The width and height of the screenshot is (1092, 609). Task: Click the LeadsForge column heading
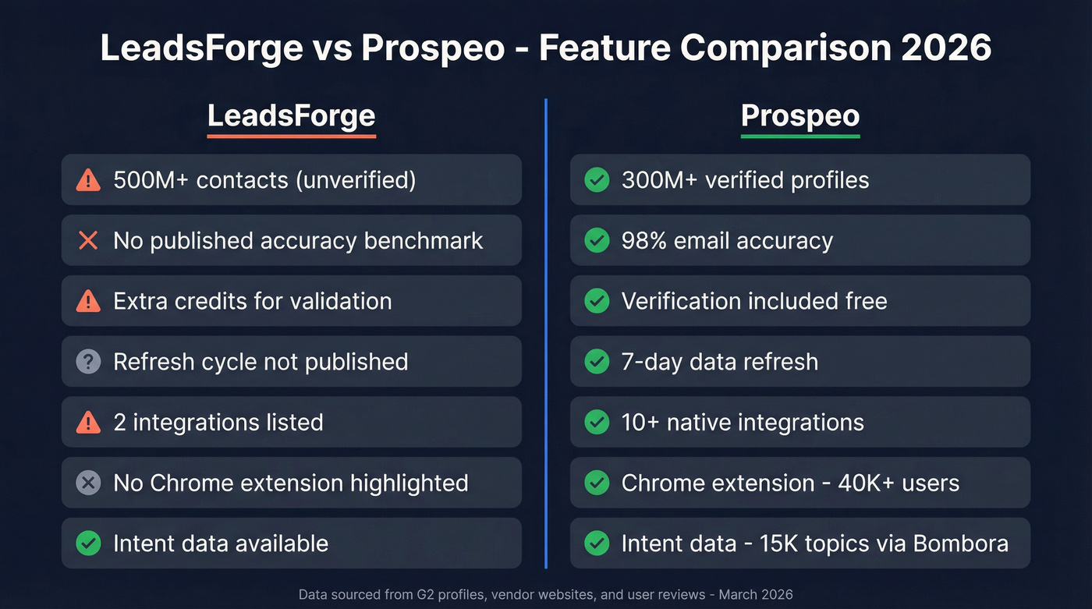(x=291, y=115)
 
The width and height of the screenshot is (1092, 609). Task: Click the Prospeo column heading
(x=799, y=115)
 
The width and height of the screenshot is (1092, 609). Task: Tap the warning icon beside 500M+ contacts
(x=88, y=180)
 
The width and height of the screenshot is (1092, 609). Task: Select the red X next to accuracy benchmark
(x=88, y=241)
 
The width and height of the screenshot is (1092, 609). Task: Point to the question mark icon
(x=88, y=362)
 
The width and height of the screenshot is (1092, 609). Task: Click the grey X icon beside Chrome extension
(x=88, y=483)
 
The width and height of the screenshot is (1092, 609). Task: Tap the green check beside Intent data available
(x=88, y=543)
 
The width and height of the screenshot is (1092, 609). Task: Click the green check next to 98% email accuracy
(x=597, y=241)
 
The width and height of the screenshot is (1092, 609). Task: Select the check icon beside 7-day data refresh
(x=597, y=362)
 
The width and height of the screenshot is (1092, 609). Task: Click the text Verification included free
(x=754, y=301)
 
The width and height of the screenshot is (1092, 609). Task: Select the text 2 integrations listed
(x=218, y=423)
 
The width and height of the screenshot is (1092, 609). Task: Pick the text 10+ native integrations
(x=743, y=423)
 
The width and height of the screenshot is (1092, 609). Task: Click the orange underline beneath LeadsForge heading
(x=291, y=136)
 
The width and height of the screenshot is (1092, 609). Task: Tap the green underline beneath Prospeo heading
(x=799, y=136)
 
